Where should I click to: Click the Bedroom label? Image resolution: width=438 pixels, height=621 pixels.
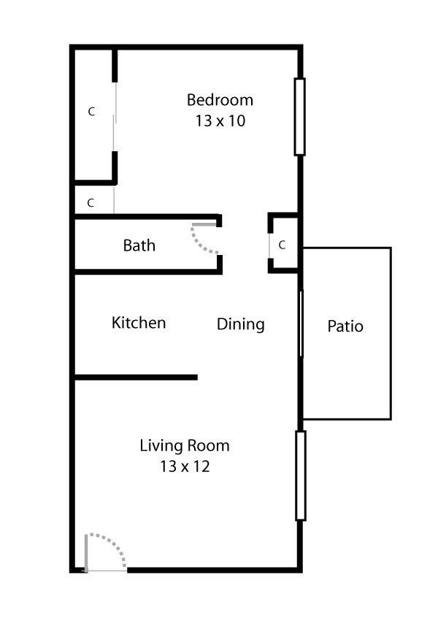(220, 100)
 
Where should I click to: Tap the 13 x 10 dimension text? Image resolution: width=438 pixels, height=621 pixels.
(220, 121)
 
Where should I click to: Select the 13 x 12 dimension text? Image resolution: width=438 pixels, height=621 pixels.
(185, 466)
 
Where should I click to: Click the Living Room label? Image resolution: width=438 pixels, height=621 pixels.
(185, 445)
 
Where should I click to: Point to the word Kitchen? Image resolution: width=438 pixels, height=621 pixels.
(139, 322)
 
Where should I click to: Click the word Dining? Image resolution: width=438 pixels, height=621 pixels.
(240, 324)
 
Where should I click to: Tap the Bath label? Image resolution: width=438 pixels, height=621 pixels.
(139, 245)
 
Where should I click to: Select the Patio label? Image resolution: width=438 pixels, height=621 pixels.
(345, 326)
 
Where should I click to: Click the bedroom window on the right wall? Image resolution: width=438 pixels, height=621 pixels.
(299, 117)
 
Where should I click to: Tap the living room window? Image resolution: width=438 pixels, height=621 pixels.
(300, 475)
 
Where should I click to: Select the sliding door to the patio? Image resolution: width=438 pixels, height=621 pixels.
(300, 324)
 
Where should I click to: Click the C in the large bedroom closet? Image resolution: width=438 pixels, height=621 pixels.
(91, 112)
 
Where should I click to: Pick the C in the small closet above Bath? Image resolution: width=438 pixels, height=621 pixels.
(91, 203)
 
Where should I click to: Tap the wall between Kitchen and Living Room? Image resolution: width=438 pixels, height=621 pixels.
(136, 377)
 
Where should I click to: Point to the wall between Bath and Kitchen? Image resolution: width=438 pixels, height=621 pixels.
(146, 272)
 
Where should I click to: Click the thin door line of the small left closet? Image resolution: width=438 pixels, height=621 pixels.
(114, 199)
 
